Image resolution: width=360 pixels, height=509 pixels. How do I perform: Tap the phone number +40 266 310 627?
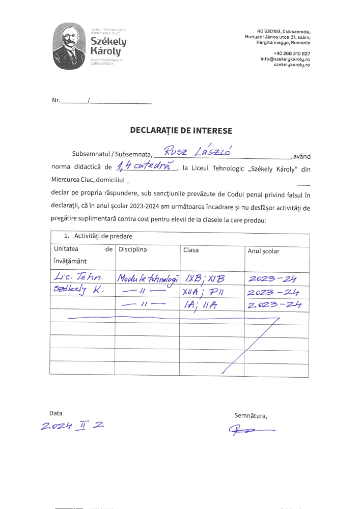click(x=291, y=53)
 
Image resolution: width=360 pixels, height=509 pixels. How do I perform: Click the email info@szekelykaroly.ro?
click(x=285, y=59)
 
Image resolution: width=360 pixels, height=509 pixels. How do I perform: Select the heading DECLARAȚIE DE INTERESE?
click(x=181, y=131)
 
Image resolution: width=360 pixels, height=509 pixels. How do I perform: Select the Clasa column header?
click(x=191, y=250)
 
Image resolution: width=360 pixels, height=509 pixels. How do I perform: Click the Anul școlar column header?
click(x=263, y=251)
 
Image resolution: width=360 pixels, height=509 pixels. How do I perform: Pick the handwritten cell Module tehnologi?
click(x=148, y=278)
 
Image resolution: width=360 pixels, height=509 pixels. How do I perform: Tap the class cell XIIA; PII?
click(x=204, y=292)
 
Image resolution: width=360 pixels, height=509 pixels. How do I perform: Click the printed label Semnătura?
click(x=251, y=415)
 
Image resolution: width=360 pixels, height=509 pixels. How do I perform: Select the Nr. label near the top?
click(x=56, y=100)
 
